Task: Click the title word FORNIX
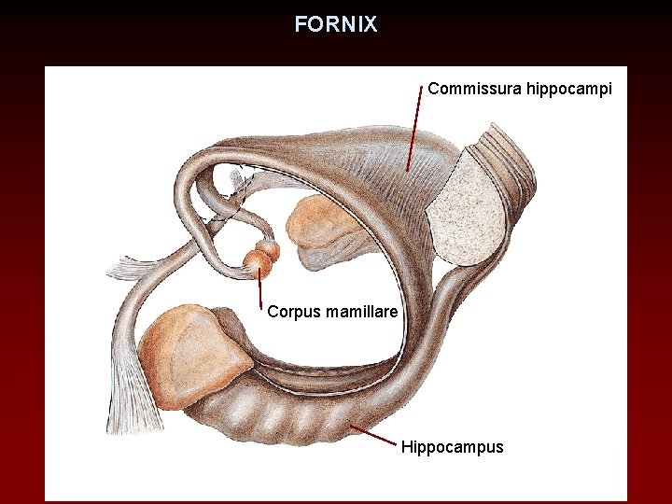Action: [336, 24]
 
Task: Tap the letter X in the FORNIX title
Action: [371, 24]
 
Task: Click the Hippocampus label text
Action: [452, 447]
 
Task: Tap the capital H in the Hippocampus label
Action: [407, 446]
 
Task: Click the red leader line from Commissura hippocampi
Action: [413, 131]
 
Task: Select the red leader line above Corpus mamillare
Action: [259, 285]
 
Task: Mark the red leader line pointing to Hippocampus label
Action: [373, 434]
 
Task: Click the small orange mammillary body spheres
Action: [260, 258]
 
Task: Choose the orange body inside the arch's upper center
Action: [317, 230]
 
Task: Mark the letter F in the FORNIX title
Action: [301, 24]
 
